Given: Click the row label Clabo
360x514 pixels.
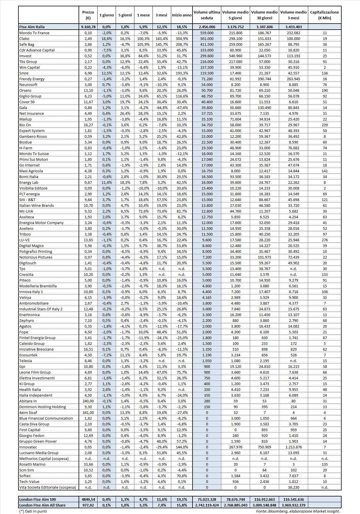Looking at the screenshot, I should [x=24, y=39].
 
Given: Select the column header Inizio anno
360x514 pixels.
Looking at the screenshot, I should [x=182, y=15].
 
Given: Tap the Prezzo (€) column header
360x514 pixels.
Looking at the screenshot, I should [x=88, y=15].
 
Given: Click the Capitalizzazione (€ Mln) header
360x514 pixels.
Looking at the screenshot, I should [x=324, y=15].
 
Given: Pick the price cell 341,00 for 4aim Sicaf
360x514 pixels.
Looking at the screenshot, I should [x=88, y=412].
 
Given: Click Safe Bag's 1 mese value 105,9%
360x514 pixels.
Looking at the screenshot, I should [x=143, y=44].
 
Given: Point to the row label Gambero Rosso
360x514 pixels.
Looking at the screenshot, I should [x=33, y=136].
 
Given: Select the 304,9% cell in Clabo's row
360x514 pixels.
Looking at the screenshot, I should [x=182, y=39].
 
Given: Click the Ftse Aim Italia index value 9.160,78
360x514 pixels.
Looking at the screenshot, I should [x=88, y=27].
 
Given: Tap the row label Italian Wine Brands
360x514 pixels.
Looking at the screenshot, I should [x=36, y=205].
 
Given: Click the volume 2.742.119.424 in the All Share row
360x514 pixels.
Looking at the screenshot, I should [x=207, y=505].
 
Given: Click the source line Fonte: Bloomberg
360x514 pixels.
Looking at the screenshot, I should [x=298, y=511].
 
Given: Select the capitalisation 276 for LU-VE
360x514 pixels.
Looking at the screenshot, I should [x=325, y=240].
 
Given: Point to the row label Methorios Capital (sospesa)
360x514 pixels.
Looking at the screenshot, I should [x=44, y=458].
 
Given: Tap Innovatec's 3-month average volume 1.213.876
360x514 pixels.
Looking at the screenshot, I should [x=293, y=447].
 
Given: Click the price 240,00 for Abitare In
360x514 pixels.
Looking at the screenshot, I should [x=88, y=401].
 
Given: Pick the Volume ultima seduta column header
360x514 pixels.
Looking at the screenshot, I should [x=207, y=15].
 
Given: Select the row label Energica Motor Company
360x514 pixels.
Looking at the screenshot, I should [x=41, y=223].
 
